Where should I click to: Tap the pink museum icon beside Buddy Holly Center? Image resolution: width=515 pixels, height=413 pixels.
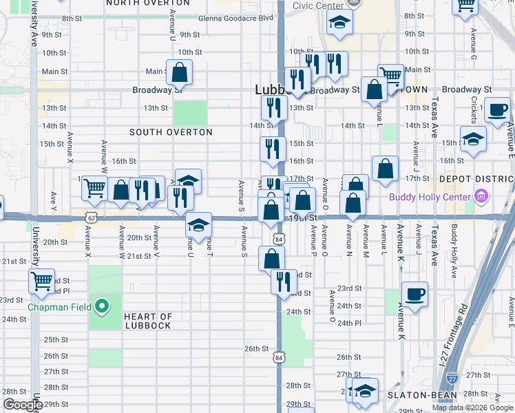click(x=481, y=198)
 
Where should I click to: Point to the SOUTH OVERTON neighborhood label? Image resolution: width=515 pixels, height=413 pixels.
click(x=171, y=131)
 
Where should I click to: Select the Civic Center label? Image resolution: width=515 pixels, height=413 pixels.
click(x=317, y=6)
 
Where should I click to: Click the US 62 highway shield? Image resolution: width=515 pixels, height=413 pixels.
click(x=92, y=218)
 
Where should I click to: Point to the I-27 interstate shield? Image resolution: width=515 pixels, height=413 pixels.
click(x=452, y=377)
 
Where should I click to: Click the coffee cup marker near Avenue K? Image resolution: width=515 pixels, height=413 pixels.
click(x=415, y=294)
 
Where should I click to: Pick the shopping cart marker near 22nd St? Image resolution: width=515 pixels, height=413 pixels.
click(x=41, y=280)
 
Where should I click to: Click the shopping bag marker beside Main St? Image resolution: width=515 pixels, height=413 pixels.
click(x=179, y=72)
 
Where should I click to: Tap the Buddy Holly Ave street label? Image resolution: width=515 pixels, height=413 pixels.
click(x=454, y=240)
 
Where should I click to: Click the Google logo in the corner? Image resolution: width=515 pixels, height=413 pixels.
click(x=22, y=405)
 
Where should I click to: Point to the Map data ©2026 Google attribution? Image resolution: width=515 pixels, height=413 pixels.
click(x=472, y=407)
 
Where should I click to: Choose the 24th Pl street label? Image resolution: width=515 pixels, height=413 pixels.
click(x=350, y=323)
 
